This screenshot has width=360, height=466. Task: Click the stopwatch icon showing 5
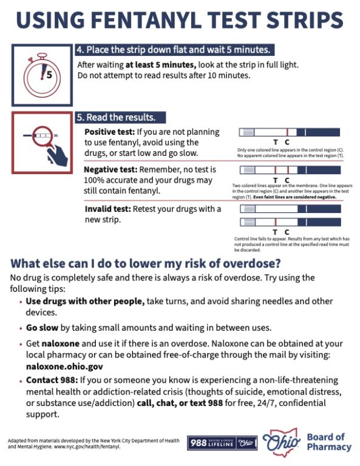point(42,75)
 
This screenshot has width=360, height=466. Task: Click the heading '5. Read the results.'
point(116,117)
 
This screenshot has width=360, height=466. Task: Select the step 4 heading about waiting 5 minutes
point(174,50)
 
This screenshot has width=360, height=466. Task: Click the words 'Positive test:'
point(109,132)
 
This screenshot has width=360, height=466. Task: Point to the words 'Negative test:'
point(110,169)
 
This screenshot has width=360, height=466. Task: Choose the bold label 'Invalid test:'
point(107,209)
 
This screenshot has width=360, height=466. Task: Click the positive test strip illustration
point(289,132)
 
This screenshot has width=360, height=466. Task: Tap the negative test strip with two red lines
point(290,170)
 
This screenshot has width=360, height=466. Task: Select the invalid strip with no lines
point(290,209)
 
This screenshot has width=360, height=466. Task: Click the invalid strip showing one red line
point(290,222)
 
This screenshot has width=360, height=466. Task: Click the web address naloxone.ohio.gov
point(64,366)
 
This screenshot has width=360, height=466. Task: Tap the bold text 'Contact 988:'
point(52,380)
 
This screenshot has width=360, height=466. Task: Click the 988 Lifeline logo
point(222,443)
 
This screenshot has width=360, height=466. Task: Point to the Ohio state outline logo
point(281,442)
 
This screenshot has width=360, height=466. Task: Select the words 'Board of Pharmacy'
point(329,442)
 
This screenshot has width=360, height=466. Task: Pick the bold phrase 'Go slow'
point(42,328)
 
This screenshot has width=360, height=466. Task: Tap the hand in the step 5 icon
point(58,156)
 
